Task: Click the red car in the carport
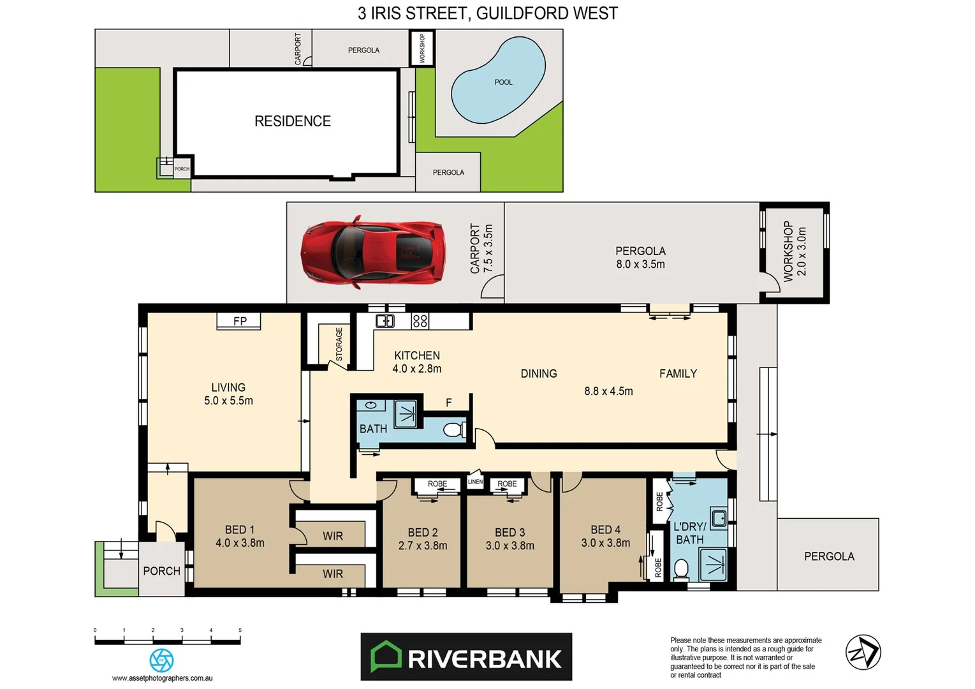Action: (x=373, y=253)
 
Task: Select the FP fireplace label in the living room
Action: (x=240, y=321)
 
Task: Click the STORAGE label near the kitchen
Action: (x=339, y=344)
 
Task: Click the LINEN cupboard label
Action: (x=476, y=482)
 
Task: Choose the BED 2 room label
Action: (x=423, y=532)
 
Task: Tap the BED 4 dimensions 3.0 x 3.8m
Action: (x=605, y=543)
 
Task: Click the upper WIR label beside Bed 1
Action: (x=332, y=536)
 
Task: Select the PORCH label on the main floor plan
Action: (x=161, y=571)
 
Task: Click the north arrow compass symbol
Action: (x=863, y=652)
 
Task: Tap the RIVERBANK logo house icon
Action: (x=386, y=656)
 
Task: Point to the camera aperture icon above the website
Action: (x=161, y=660)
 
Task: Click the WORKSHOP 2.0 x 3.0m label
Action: (x=795, y=251)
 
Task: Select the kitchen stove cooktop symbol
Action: (x=420, y=321)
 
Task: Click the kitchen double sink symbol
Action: (x=385, y=321)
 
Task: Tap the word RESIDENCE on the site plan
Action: (x=293, y=121)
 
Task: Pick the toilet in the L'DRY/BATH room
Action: (x=681, y=568)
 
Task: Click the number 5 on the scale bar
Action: (x=240, y=630)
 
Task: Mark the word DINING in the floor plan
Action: (x=539, y=374)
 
